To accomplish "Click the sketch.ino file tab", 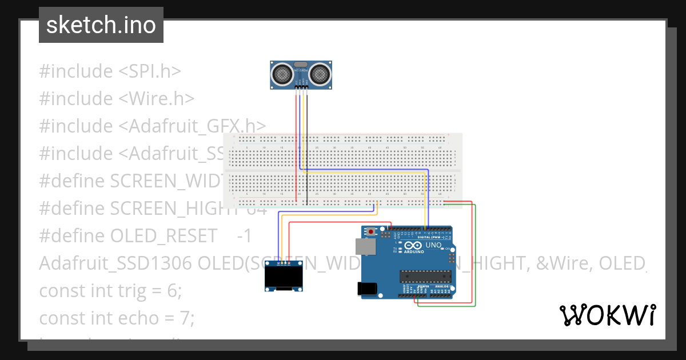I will click(x=101, y=25).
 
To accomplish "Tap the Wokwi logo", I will click(x=607, y=315).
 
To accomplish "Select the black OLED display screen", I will click(x=283, y=278).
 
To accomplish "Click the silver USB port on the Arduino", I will click(x=365, y=246).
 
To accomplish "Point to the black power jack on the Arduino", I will click(x=367, y=289).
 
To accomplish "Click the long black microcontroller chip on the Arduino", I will click(x=425, y=277).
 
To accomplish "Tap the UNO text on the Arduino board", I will click(x=434, y=245).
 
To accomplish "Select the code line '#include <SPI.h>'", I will click(x=110, y=71).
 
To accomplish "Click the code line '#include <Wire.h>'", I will click(x=117, y=99).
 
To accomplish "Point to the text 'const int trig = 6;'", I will click(x=110, y=291).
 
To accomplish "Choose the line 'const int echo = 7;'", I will click(x=117, y=318).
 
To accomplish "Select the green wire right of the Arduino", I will click(x=475, y=257).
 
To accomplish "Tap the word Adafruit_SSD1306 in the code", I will click(x=116, y=263).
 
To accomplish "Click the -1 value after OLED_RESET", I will click(x=244, y=236).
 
